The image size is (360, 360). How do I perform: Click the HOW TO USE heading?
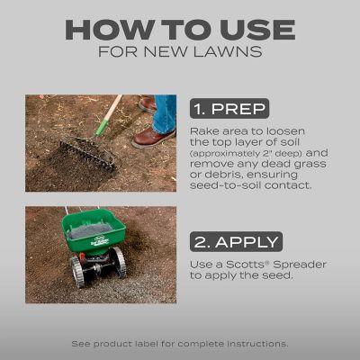[180, 28]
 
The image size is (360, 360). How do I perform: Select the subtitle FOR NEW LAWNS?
[180, 52]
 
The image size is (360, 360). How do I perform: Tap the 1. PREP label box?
[229, 110]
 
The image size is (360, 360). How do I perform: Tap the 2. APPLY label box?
[236, 240]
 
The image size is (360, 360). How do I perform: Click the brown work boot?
[155, 137]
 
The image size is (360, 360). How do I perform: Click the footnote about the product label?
[180, 344]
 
